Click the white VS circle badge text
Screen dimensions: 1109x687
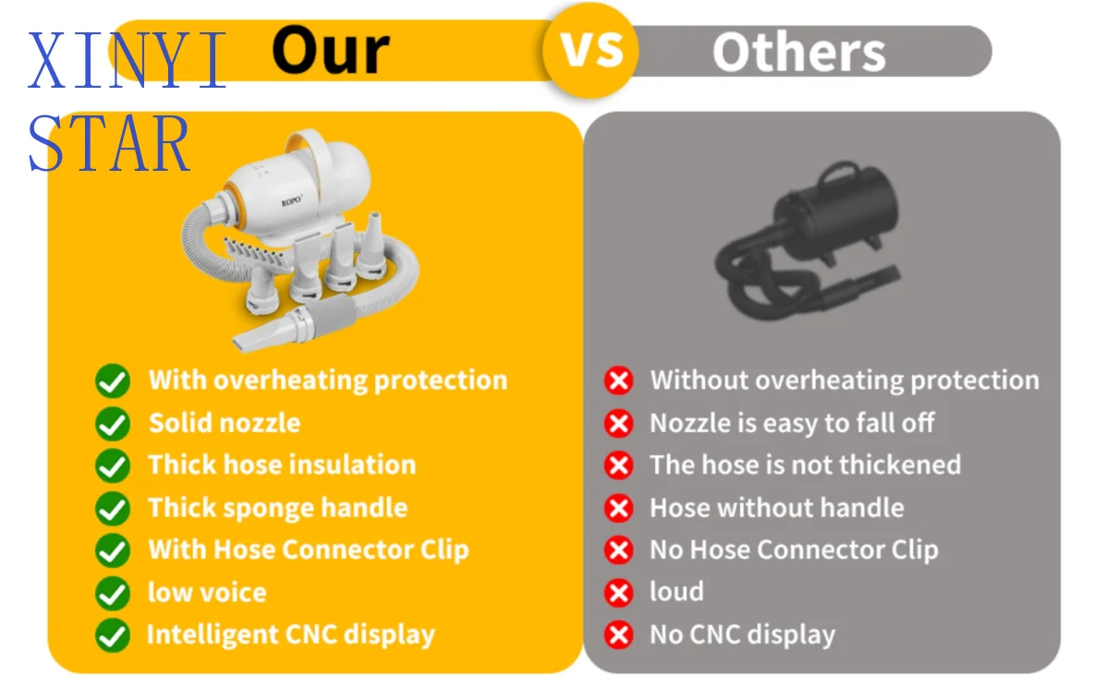point(591,49)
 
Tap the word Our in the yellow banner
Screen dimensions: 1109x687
point(331,50)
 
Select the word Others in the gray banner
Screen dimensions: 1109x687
point(799,53)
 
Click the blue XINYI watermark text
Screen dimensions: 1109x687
point(128,60)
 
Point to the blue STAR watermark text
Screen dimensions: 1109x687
point(109,143)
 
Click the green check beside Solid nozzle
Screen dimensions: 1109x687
point(113,424)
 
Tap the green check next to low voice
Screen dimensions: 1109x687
point(113,593)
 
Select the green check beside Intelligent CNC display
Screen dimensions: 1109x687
point(113,635)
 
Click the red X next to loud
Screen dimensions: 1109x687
point(619,593)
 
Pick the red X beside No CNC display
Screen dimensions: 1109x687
point(619,635)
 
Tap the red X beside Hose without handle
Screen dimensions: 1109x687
point(619,508)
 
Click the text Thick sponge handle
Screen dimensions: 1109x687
point(278,508)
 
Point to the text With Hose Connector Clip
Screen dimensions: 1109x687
point(309,550)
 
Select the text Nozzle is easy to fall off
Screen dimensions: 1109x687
point(792,424)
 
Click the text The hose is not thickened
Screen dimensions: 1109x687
point(806,464)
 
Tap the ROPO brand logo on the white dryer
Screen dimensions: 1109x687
point(292,200)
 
